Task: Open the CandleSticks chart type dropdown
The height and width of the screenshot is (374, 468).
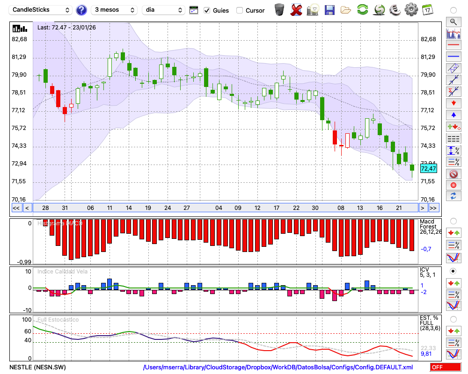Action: coord(41,10)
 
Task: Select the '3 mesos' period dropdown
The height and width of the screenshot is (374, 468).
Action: coord(114,10)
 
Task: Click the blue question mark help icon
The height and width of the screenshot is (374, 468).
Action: coord(81,10)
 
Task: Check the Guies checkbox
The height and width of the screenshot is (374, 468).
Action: coord(207,10)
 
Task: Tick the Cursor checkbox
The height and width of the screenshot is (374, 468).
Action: coord(240,10)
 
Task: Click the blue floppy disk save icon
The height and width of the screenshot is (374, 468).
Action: coord(329,9)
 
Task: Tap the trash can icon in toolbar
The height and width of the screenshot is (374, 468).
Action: coord(279,9)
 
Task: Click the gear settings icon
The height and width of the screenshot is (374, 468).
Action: coord(411,9)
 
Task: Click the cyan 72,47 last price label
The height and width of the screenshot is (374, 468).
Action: coord(428,168)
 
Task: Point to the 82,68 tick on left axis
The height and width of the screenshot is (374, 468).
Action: coord(19,39)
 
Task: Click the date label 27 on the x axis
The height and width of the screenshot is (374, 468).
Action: coord(186,208)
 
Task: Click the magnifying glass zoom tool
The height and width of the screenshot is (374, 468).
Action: coord(453,22)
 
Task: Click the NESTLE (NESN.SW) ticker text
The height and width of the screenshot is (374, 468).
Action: coord(37,367)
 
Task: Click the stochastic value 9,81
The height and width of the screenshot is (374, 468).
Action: coord(426,354)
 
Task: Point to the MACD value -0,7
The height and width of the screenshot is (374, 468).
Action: coord(426,249)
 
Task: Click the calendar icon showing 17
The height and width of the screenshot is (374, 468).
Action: coord(427,9)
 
